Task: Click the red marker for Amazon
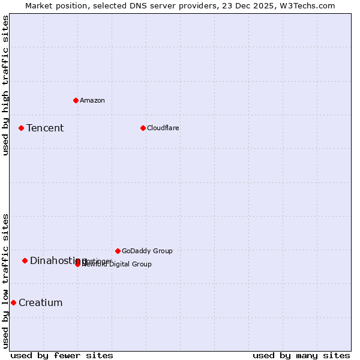point(76,100)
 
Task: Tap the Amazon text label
point(92,100)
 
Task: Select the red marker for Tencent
point(21,128)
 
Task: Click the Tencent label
point(45,128)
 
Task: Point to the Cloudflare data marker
point(143,128)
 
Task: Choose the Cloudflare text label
point(163,128)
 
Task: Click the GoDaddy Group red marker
point(118,251)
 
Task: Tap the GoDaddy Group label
point(147,251)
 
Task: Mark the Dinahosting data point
point(25,260)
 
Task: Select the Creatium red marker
point(13,302)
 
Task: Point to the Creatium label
point(40,302)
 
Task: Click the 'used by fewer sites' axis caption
point(62,355)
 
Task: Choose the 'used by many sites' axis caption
point(301,355)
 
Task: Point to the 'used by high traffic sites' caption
point(5,85)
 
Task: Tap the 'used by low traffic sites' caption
point(5,281)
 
